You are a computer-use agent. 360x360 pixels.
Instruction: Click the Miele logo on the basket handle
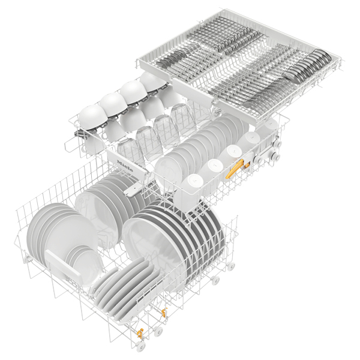coord(125,166)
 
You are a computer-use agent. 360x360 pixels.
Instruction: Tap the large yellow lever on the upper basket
coord(235,169)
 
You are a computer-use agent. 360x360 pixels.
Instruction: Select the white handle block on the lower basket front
coord(62,264)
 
